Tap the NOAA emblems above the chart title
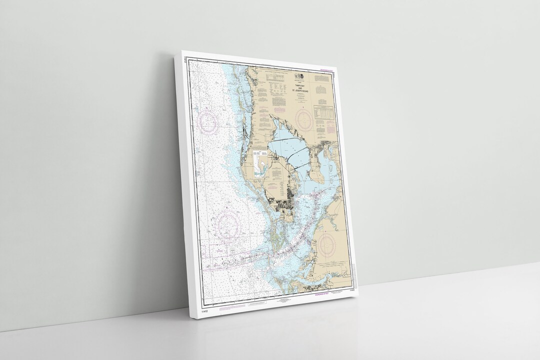pos(298,76)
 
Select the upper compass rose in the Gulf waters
pos(208,122)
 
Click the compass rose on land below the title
pos(304,119)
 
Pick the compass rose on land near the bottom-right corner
pos(326,245)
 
